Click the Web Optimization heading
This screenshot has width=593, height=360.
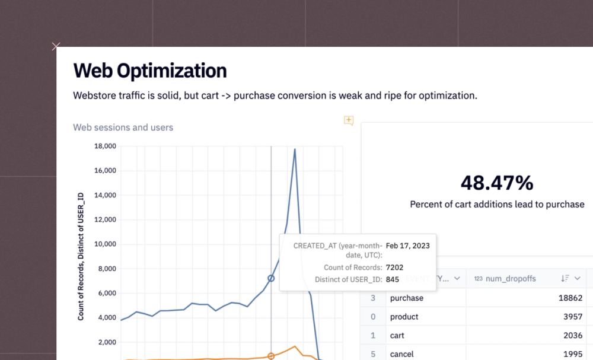coord(149,71)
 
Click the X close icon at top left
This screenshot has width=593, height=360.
coord(56,46)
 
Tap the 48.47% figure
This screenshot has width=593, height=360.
coord(496,183)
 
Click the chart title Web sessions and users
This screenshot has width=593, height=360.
coord(123,127)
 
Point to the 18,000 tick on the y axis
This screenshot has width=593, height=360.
coord(105,146)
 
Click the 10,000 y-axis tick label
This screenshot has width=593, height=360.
coord(105,244)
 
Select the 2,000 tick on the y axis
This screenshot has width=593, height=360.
coord(107,342)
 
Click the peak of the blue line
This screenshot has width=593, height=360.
coord(295,149)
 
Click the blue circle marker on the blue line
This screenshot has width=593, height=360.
coord(271,278)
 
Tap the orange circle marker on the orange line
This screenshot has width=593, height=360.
coord(271,356)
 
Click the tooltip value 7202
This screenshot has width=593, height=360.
coord(394,267)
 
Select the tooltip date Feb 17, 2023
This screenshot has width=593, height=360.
coord(407,245)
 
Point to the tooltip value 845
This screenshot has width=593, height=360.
coord(392,279)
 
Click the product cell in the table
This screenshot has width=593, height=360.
coord(404,317)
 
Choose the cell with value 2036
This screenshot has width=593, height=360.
coord(575,335)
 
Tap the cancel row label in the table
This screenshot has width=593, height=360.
coord(402,354)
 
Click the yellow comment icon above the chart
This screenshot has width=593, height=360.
coord(349,120)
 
